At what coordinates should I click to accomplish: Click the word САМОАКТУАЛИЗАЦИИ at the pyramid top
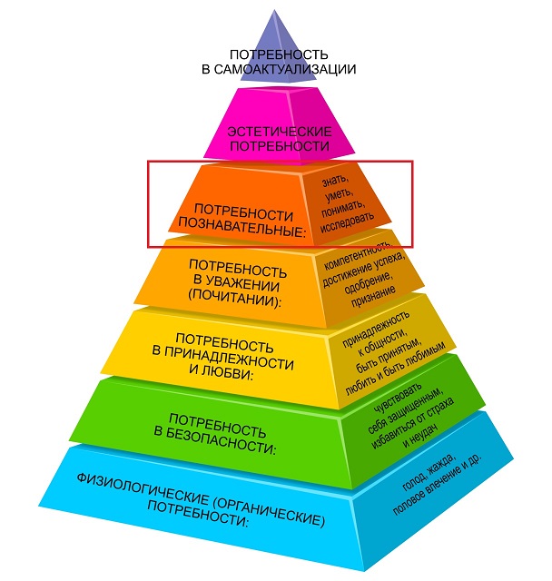pyautogui.click(x=285, y=69)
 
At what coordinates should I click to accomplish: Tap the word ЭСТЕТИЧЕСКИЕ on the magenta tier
pyautogui.click(x=280, y=132)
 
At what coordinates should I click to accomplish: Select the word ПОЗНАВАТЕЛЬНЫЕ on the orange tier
pyautogui.click(x=241, y=226)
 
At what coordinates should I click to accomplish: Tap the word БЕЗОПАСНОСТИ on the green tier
pyautogui.click(x=220, y=442)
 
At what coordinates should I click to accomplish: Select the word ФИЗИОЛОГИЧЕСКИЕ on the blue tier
pyautogui.click(x=143, y=488)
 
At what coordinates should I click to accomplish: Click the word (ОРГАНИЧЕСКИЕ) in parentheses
pyautogui.click(x=270, y=511)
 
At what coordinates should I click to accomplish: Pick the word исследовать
pyautogui.click(x=347, y=222)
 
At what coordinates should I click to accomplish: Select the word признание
pyautogui.click(x=373, y=296)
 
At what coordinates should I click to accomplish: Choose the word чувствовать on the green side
pyautogui.click(x=399, y=398)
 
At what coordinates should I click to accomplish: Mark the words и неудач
pyautogui.click(x=420, y=437)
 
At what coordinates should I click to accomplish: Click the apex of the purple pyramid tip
pyautogui.click(x=274, y=10)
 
